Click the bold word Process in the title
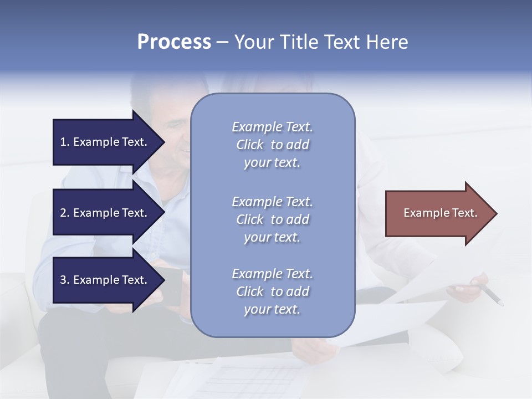(174, 42)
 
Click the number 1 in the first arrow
(63, 142)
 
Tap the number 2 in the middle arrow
(63, 213)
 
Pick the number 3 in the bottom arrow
(63, 280)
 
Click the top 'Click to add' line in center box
(272, 145)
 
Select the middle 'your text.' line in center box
(272, 237)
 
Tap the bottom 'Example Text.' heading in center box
(272, 274)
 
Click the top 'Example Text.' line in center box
(272, 127)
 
